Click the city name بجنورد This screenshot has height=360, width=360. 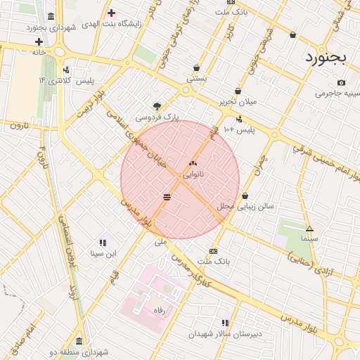(327, 58)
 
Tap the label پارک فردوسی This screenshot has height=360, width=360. (157, 117)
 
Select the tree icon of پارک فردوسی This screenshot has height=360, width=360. (156, 105)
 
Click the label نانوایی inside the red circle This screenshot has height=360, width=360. (193, 174)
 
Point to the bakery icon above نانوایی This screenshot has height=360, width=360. (193, 162)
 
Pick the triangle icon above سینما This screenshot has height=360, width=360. (309, 229)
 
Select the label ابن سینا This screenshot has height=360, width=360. (103, 253)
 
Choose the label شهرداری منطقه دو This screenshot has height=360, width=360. (79, 352)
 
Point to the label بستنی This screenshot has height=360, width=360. (196, 79)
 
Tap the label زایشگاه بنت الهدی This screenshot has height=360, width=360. (111, 24)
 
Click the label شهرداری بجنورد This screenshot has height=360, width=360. (51, 27)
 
